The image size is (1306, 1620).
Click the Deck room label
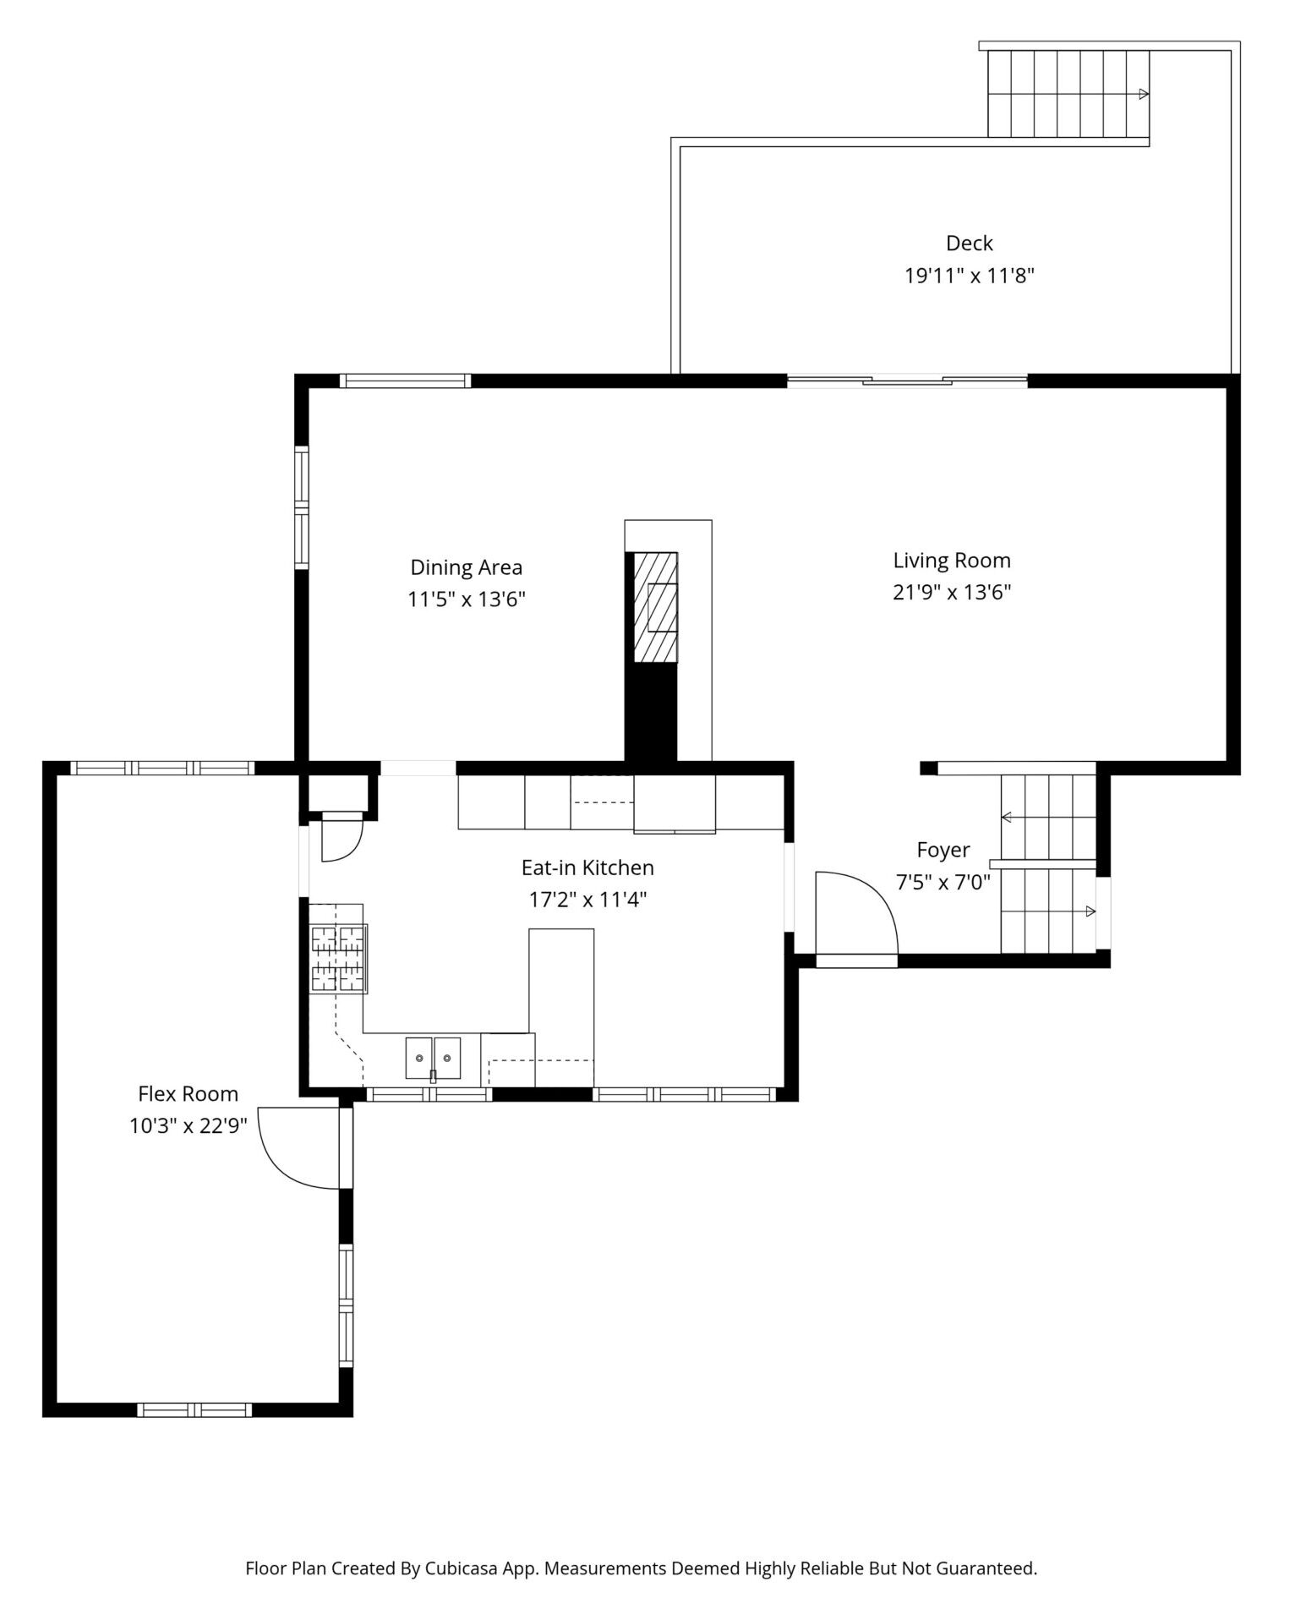pos(969,244)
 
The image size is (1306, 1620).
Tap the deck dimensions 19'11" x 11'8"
pos(970,276)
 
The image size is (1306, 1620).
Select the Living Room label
pos(952,561)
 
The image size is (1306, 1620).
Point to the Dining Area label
pos(467,567)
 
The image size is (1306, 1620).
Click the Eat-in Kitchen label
pos(587,867)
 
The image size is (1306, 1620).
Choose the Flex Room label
pos(189,1094)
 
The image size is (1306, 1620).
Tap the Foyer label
pos(943,850)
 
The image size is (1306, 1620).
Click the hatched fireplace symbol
pos(656,606)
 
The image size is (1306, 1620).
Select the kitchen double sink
pos(433,1059)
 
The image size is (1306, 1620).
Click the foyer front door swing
pos(855,913)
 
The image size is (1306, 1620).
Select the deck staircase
pos(1068,93)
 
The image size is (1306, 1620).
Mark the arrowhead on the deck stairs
pos(1144,94)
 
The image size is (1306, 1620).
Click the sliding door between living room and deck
pos(907,381)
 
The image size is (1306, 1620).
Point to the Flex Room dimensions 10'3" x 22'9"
pos(188,1126)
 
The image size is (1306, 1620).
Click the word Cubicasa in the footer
pos(459,1568)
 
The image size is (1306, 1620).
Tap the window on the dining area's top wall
pos(405,380)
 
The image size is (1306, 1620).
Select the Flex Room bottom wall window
pos(194,1409)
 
